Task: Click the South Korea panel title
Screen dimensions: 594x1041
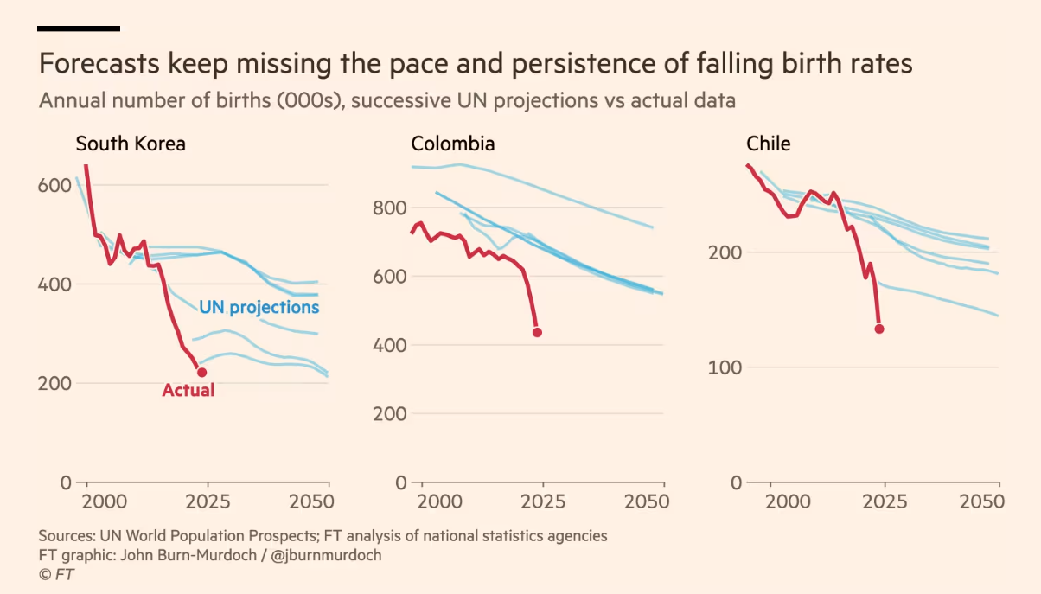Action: point(131,144)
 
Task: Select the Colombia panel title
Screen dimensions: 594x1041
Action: point(453,144)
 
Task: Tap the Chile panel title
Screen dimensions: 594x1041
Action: point(768,144)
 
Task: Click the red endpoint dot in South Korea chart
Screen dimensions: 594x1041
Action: point(202,373)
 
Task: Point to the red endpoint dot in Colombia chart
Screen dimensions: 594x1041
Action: point(537,332)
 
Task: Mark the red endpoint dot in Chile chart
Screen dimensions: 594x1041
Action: point(879,329)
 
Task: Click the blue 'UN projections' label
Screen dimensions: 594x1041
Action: point(259,307)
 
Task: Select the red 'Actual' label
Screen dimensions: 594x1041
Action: point(188,391)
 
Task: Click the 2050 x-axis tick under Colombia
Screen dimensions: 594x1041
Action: point(646,502)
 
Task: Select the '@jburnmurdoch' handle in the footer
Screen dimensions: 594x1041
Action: point(326,555)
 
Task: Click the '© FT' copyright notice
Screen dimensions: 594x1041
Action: point(57,575)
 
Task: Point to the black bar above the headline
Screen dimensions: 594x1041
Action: point(79,29)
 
